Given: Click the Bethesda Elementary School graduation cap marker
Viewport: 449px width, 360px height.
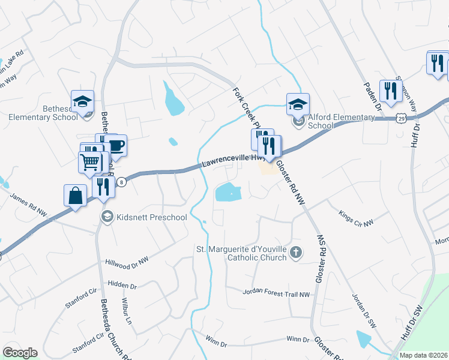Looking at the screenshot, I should [x=83, y=101].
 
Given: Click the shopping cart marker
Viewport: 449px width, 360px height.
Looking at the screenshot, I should [x=89, y=161].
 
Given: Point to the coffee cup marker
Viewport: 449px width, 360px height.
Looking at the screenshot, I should [x=116, y=145].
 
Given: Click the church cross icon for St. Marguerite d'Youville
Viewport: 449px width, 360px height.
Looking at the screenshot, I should [x=295, y=253].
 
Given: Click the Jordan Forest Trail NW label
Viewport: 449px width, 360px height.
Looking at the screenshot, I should [x=276, y=293].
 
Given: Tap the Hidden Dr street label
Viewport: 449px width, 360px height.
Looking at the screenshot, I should [x=122, y=283].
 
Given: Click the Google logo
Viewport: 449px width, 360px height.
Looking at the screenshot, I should [x=20, y=353].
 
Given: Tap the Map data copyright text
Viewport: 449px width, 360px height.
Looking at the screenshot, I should [x=423, y=355].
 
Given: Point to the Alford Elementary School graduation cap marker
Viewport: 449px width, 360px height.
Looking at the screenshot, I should [x=298, y=104].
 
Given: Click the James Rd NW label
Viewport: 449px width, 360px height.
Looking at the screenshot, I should [x=29, y=205].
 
